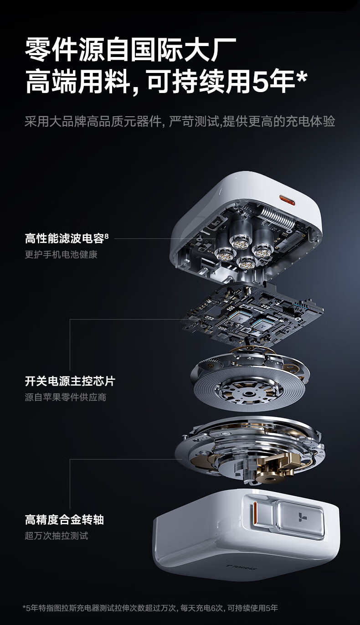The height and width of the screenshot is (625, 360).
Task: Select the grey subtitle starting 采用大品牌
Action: [180, 121]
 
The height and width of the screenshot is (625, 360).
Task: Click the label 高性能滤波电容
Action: [64, 238]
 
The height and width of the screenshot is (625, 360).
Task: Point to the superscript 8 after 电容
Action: [107, 236]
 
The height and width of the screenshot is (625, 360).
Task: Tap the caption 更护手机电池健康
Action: [61, 254]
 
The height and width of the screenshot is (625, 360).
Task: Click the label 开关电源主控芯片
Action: [70, 381]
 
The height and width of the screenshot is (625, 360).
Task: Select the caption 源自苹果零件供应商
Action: [66, 397]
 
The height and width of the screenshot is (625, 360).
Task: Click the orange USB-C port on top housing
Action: [287, 200]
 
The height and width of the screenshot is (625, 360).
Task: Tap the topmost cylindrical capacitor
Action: [241, 234]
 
